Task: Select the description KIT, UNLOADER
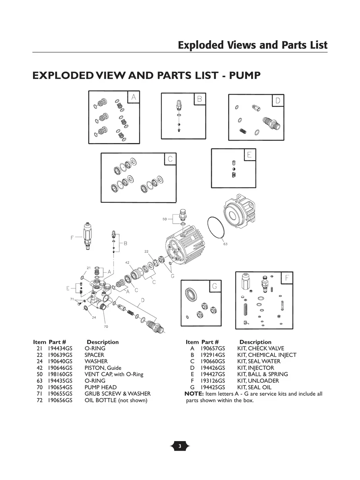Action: tap(258, 381)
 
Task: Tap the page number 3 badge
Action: tap(180, 447)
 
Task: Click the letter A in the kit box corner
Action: tap(134, 97)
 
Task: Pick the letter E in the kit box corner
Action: tap(249, 155)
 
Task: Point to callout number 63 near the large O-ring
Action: tap(225, 244)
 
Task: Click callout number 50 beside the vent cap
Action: tap(165, 219)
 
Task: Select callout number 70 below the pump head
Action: tap(106, 326)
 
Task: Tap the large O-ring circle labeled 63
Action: tap(217, 228)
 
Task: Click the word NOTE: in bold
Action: tap(194, 394)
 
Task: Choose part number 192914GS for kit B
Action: tap(213, 355)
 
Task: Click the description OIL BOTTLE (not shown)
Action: tap(116, 400)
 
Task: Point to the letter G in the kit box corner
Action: tap(214, 286)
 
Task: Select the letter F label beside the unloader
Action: tap(72, 238)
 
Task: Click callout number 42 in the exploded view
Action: tap(127, 263)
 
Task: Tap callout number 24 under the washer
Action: tap(94, 317)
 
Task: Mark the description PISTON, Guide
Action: tap(103, 368)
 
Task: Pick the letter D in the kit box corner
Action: tap(278, 101)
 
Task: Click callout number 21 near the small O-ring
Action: tap(89, 268)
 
